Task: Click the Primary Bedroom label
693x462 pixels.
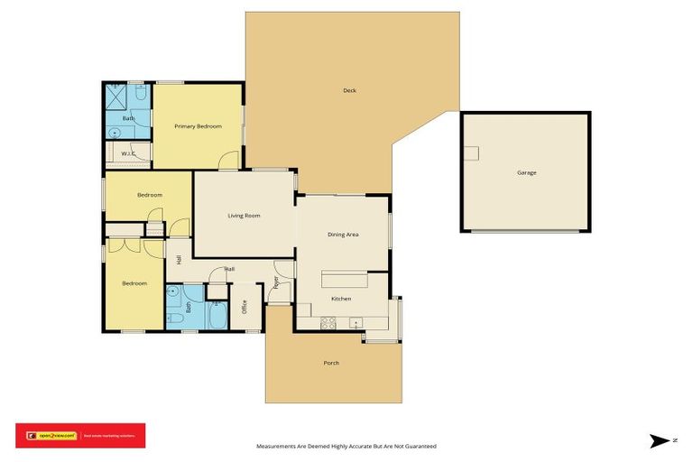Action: pyautogui.click(x=198, y=126)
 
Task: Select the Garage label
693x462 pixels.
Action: pyautogui.click(x=527, y=172)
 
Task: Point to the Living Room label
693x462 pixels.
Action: pyautogui.click(x=244, y=216)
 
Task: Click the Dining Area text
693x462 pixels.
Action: pyautogui.click(x=343, y=235)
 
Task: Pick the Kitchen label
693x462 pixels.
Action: pyautogui.click(x=341, y=299)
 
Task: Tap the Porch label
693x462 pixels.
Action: pyautogui.click(x=332, y=364)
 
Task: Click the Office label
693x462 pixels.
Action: pyautogui.click(x=245, y=307)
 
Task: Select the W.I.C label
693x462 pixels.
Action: pyautogui.click(x=127, y=154)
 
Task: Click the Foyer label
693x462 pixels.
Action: pyautogui.click(x=276, y=282)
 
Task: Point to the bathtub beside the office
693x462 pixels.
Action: pyautogui.click(x=218, y=316)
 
